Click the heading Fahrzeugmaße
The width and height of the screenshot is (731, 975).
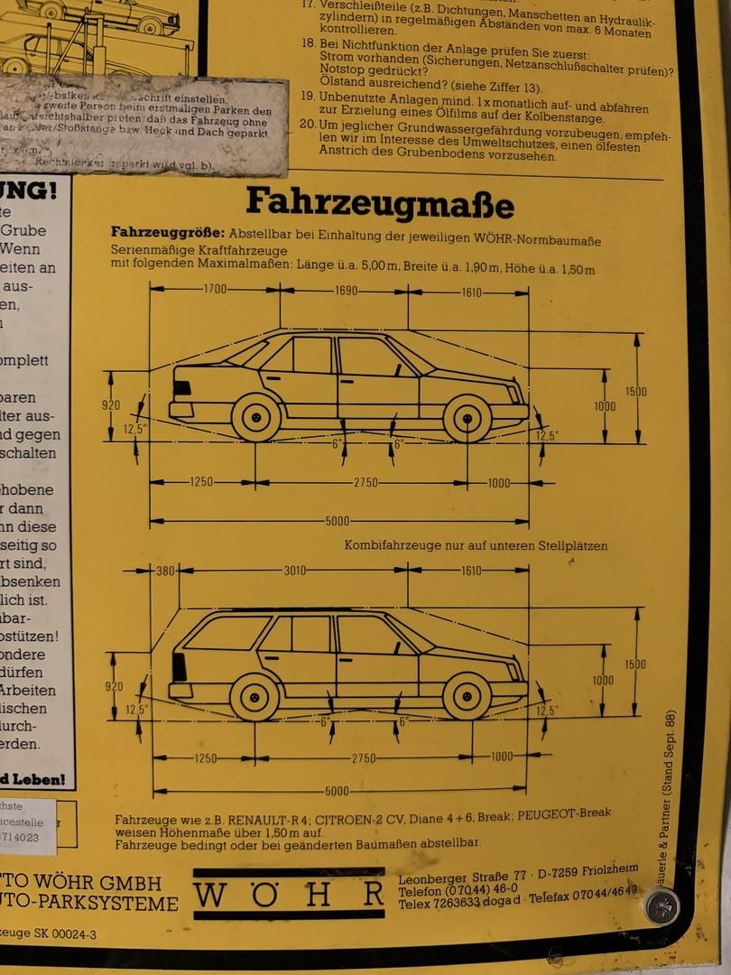tap(379, 202)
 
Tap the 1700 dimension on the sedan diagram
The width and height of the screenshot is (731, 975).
tap(215, 290)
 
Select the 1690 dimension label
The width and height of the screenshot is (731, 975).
tap(346, 291)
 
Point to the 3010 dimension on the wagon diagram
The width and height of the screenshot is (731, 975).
tap(295, 571)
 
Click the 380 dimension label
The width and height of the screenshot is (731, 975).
tap(165, 571)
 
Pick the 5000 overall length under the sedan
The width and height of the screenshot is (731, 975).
tap(338, 522)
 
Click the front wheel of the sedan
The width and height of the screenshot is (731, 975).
tap(467, 418)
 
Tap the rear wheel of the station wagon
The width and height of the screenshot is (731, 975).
tap(254, 697)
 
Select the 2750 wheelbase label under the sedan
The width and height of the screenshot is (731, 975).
tap(365, 483)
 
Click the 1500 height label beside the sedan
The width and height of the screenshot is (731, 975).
tap(636, 392)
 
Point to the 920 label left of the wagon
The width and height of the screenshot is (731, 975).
tap(114, 686)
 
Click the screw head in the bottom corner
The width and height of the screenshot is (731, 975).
tap(662, 905)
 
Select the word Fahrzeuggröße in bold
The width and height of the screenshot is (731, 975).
tap(167, 232)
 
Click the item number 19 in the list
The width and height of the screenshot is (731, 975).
tap(307, 96)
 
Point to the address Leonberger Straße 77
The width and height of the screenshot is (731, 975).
tap(463, 877)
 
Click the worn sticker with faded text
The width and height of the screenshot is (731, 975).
tap(144, 126)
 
